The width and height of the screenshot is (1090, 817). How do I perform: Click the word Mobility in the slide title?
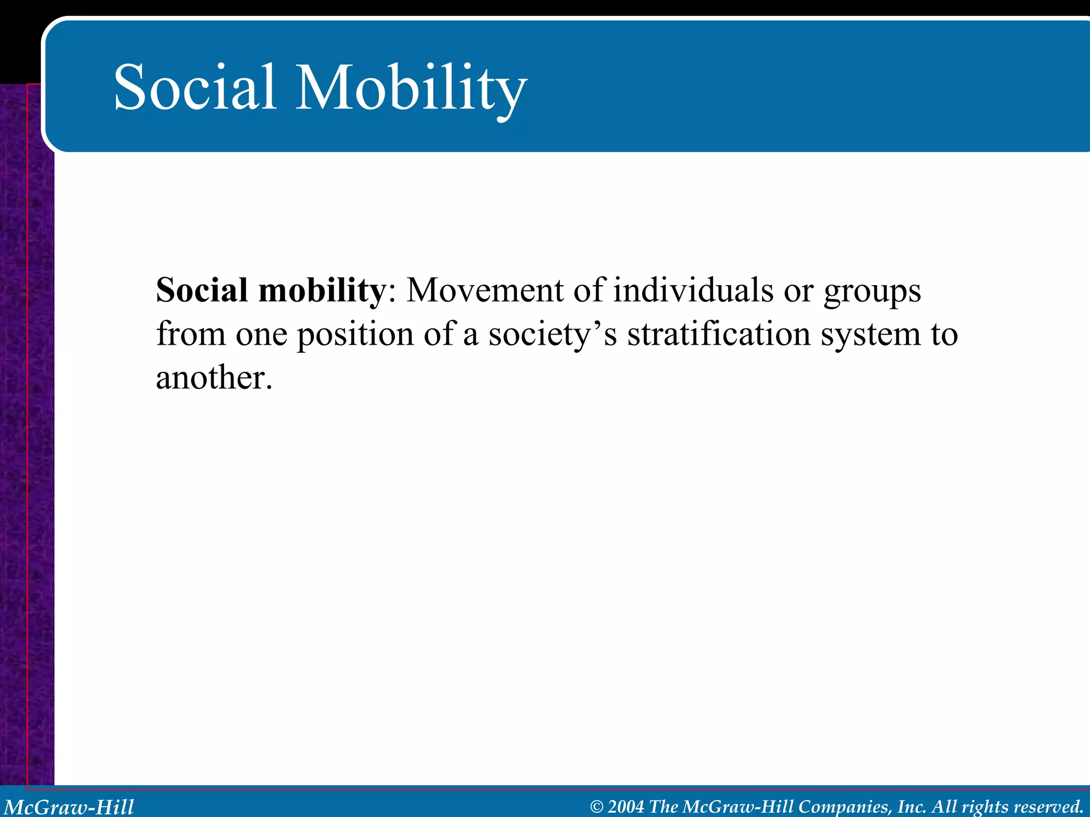(x=410, y=88)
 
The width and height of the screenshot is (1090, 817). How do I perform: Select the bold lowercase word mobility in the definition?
(x=321, y=291)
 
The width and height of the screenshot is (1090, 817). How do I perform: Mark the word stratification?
(x=719, y=335)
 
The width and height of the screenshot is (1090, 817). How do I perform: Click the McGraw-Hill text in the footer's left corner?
(x=69, y=807)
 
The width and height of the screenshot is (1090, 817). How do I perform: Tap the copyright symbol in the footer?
(x=597, y=807)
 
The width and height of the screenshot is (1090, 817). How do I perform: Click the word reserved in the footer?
(x=1048, y=807)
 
